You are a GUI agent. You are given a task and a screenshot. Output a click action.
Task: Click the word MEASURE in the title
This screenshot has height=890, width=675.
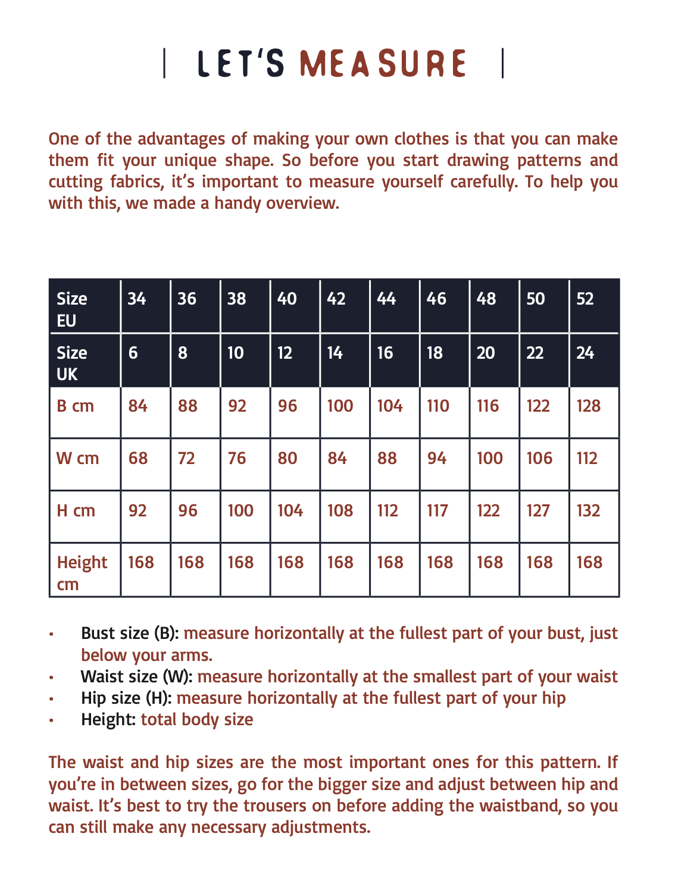(x=382, y=64)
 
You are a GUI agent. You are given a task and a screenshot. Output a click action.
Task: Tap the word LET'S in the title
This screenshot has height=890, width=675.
(x=241, y=64)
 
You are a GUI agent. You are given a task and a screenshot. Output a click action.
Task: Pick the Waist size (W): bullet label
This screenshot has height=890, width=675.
(x=137, y=676)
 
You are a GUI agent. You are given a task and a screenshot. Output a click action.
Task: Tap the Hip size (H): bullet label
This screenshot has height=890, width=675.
(x=127, y=698)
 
